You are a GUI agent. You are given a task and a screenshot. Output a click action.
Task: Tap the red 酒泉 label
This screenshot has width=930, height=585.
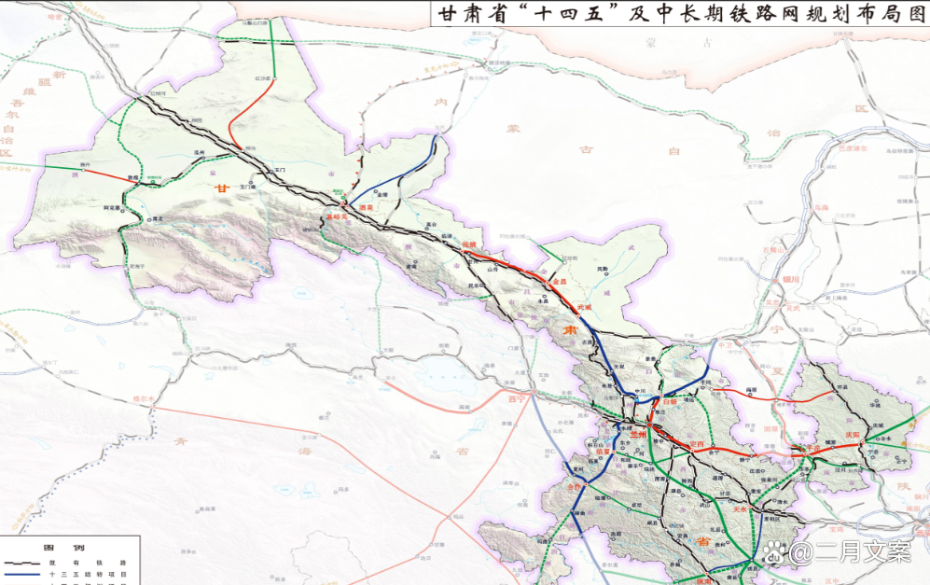(366, 206)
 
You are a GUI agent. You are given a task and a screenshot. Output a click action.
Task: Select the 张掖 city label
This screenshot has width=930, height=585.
(468, 244)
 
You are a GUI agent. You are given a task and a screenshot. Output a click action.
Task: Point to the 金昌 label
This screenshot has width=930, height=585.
(560, 280)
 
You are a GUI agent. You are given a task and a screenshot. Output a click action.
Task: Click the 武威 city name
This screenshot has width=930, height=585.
(585, 306)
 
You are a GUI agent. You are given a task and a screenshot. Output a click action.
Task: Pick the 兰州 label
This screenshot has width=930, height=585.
(638, 435)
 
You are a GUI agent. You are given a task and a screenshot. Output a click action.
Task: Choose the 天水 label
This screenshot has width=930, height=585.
(741, 509)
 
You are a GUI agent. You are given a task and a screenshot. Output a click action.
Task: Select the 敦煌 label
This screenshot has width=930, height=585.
(133, 177)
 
